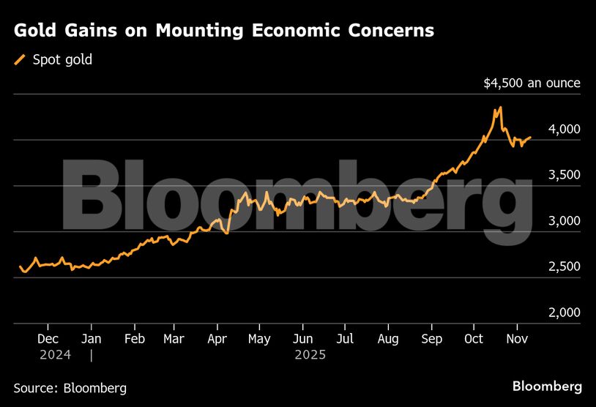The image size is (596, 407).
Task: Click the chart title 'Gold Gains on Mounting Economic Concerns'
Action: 224,31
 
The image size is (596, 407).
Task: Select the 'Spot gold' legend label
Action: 63,60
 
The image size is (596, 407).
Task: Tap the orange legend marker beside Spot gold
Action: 20,60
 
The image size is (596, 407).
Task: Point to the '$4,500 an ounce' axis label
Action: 532,83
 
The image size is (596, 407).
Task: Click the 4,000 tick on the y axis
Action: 564,130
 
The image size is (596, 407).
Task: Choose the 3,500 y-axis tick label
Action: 564,175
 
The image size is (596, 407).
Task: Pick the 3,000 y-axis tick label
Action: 564,221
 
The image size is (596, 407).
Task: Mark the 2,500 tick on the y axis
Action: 564,266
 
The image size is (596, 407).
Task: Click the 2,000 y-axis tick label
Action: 564,313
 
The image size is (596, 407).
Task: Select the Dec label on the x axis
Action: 48,340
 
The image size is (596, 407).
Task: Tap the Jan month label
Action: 92,340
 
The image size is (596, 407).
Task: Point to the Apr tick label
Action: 217,340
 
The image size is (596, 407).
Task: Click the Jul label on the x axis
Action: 346,340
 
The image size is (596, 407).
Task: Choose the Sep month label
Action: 431,340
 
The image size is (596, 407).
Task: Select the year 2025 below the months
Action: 310,355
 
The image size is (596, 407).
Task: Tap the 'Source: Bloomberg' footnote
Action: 70,387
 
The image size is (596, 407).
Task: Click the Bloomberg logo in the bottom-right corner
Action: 547,387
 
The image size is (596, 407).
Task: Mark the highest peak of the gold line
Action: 499,108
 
